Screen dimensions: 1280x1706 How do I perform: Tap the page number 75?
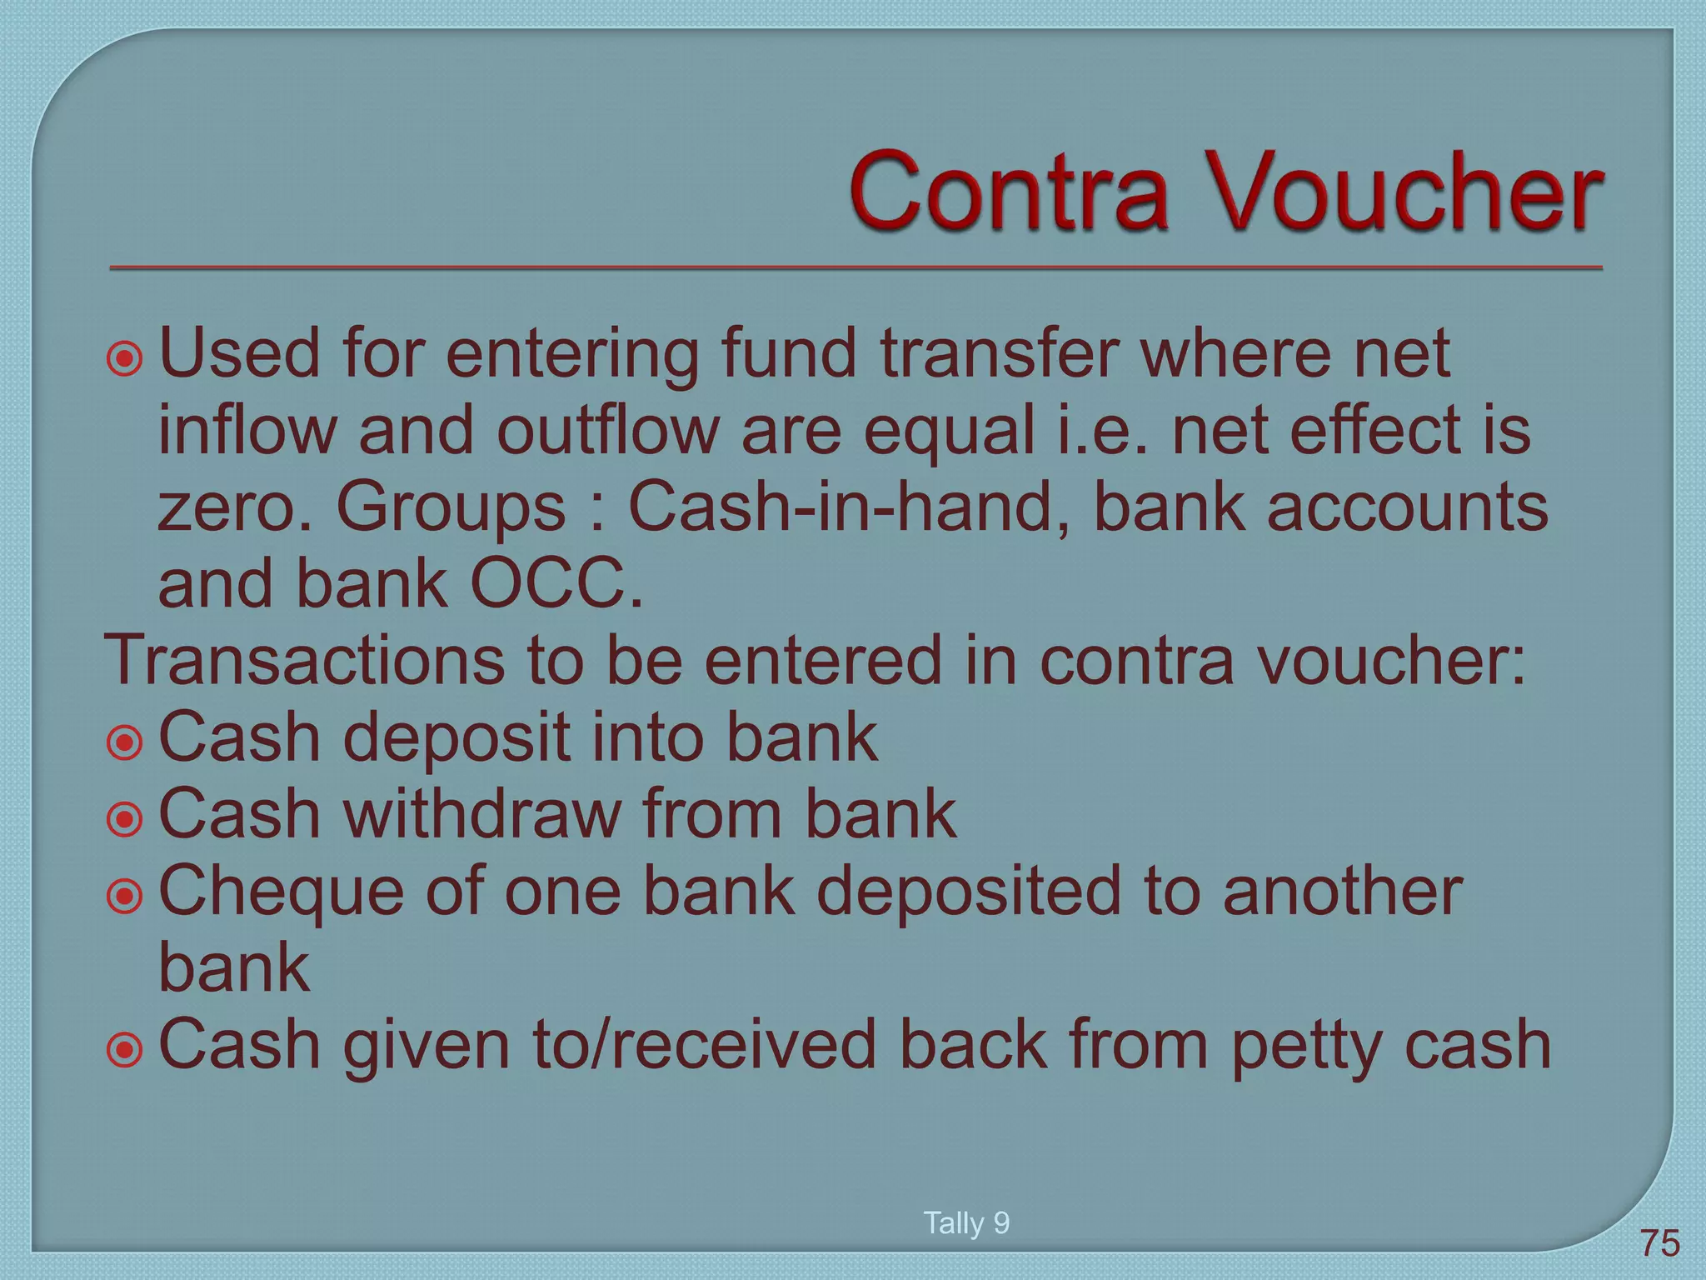(x=1660, y=1243)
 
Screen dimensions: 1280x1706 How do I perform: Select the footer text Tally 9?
(x=966, y=1222)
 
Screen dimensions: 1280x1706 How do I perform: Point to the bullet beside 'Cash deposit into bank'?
(x=125, y=742)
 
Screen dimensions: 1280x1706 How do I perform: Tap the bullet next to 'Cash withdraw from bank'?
(x=125, y=819)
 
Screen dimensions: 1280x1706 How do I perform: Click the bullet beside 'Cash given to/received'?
(x=125, y=1050)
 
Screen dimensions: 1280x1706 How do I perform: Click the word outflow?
(x=608, y=430)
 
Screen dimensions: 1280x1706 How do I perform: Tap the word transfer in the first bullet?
(x=999, y=353)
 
